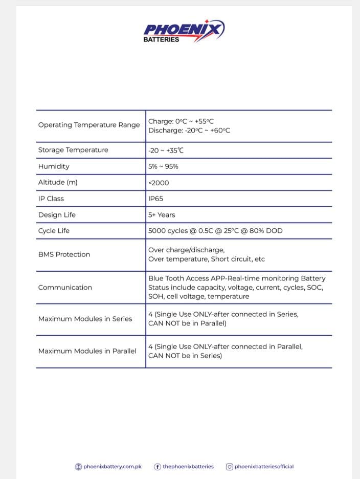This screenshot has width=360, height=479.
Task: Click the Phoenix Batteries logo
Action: click(x=184, y=31)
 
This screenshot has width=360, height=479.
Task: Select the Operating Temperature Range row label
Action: click(x=88, y=125)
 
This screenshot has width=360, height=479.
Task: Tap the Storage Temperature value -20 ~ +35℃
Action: click(x=166, y=150)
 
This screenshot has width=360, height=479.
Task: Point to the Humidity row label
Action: click(x=54, y=166)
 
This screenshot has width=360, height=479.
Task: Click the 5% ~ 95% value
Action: click(x=163, y=166)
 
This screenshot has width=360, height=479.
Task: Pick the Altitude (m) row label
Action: click(x=58, y=182)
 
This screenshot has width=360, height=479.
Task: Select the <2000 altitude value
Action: click(x=159, y=183)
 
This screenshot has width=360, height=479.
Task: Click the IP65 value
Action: click(x=155, y=199)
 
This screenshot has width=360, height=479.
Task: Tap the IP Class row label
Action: click(x=51, y=199)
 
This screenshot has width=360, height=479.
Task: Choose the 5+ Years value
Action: click(x=162, y=215)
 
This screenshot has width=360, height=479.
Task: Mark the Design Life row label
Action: click(x=57, y=215)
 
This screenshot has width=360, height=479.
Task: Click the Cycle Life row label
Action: click(x=54, y=231)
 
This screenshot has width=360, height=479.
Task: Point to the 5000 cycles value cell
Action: click(x=215, y=231)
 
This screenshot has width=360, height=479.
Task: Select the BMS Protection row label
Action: click(x=64, y=254)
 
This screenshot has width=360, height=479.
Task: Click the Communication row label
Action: click(x=65, y=288)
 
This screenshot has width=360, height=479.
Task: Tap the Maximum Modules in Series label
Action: click(x=85, y=319)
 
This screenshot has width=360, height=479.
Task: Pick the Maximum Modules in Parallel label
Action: click(x=87, y=351)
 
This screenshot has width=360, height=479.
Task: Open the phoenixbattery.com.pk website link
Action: click(x=112, y=467)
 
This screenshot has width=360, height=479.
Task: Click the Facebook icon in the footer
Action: click(x=157, y=467)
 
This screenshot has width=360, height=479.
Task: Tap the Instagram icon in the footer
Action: click(x=230, y=467)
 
